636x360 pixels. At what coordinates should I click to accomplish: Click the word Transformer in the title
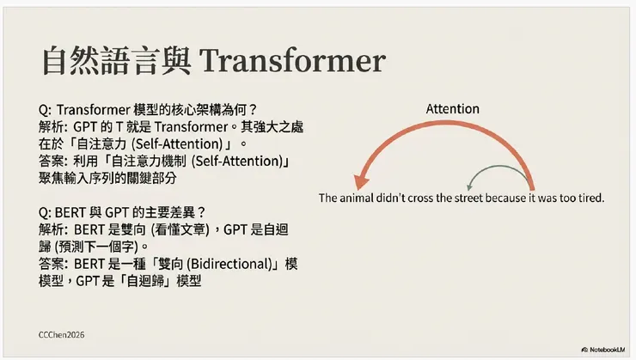click(x=292, y=62)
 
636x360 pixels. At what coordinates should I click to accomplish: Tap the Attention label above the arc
click(x=452, y=109)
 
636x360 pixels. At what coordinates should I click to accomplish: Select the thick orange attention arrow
click(x=447, y=130)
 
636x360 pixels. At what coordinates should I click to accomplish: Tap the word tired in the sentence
click(x=591, y=198)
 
